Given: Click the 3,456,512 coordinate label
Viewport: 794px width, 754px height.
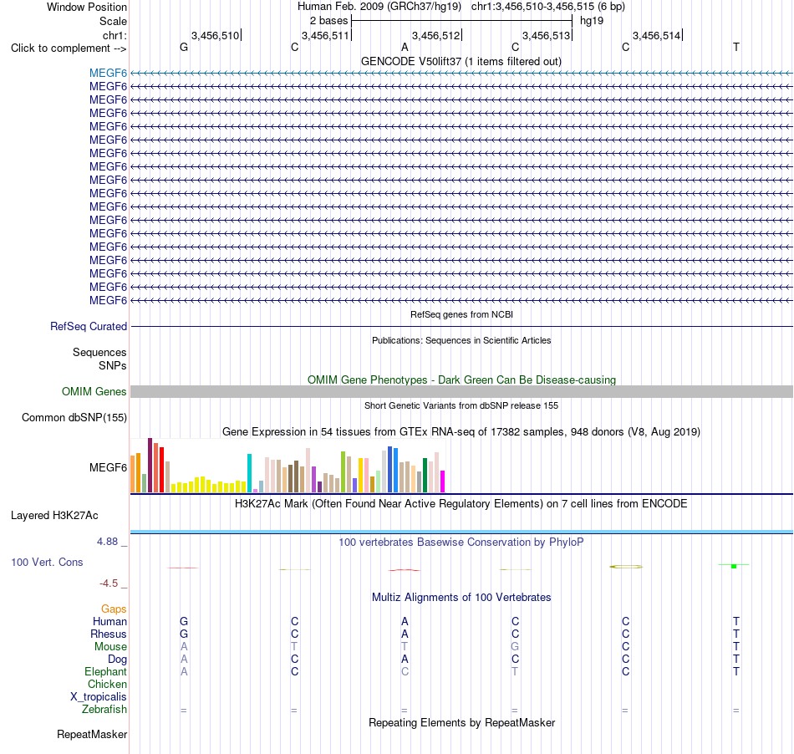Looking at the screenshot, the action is point(436,35).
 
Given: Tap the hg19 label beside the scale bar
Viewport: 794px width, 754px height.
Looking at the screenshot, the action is point(592,21).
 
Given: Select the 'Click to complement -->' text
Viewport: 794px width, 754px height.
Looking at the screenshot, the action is point(69,48).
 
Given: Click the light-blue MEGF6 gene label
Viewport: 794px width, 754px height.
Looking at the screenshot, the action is point(108,73).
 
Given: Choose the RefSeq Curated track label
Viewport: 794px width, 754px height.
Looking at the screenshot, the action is point(88,327).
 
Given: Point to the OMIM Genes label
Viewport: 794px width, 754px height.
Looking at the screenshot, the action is point(94,391).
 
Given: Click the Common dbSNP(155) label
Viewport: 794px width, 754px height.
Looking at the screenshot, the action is point(74,418).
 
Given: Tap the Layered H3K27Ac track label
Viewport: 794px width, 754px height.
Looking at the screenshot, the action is point(54,516).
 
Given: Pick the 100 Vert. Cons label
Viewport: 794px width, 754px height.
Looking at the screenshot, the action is point(47,562).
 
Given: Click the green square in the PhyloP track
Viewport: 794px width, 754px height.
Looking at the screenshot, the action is point(734,566).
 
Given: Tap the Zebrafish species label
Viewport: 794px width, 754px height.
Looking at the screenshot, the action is point(104,709).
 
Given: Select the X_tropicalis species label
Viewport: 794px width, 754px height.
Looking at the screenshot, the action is point(99,697).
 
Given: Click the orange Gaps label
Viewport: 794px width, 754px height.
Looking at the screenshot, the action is point(114,609).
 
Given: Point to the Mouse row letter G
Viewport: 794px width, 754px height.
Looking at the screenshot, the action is point(515,647).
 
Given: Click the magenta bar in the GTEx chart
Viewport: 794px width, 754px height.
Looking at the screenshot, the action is point(443,481).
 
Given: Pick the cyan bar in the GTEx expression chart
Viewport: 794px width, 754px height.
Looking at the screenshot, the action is point(249,473).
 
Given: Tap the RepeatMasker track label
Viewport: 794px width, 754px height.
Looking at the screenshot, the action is point(92,734).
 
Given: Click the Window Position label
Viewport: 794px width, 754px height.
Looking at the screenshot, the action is point(87,7).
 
